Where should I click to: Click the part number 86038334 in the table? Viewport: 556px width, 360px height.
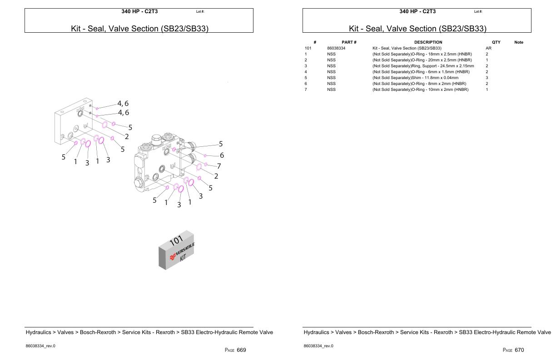point(336,48)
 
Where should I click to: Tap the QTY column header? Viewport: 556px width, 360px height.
point(496,42)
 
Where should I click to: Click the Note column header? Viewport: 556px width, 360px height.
point(518,42)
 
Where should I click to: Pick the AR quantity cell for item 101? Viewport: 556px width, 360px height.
point(488,48)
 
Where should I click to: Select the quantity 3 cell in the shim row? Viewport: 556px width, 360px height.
point(487,78)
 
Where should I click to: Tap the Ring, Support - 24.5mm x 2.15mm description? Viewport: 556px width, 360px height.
point(423,66)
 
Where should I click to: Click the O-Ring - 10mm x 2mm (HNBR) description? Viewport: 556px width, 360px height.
point(420,90)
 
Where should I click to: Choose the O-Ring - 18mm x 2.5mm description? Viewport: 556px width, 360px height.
point(422,54)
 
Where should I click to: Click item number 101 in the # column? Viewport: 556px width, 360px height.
point(308,48)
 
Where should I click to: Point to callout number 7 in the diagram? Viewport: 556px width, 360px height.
point(218,166)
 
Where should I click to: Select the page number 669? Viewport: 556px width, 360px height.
point(241,350)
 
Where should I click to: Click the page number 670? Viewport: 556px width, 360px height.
point(519,350)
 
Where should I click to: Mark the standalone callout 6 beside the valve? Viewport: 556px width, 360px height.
point(222,155)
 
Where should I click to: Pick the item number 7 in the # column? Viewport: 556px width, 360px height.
point(306,90)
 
